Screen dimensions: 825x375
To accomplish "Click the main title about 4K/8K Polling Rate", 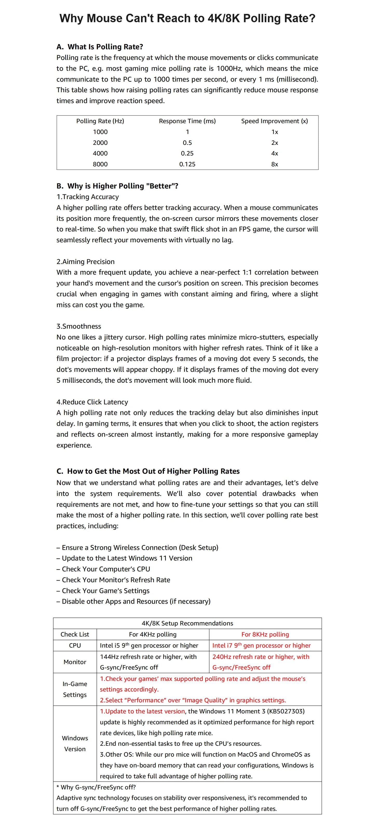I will tap(187, 18).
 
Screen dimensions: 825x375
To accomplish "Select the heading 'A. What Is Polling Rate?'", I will tap(100, 47).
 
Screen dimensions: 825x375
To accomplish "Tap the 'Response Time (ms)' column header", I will tap(187, 121).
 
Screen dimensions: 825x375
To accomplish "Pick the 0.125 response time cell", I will tap(187, 164).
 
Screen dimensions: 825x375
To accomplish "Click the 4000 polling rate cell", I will tap(100, 153).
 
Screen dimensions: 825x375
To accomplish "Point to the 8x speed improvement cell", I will tap(275, 164).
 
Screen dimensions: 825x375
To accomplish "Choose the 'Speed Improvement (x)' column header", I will tap(275, 121).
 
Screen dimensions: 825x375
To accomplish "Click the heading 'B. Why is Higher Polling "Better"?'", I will tap(117, 186).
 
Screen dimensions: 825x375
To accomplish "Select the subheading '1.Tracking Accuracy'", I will tap(87, 197).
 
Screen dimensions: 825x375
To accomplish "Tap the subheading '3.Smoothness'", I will tap(79, 326).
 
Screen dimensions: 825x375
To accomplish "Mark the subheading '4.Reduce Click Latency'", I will tap(92, 402).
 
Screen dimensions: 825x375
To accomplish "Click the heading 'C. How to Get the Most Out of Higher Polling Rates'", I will tap(148, 471).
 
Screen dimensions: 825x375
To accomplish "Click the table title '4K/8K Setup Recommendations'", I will tap(187, 623).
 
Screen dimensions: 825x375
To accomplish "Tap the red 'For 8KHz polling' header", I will tap(265, 635).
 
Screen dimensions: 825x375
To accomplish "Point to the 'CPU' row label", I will tap(75, 645).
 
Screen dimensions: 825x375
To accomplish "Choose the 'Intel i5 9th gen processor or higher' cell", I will tap(149, 645).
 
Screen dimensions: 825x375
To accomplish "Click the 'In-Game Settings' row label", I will tap(75, 689).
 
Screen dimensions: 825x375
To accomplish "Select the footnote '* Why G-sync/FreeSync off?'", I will tap(96, 787).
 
